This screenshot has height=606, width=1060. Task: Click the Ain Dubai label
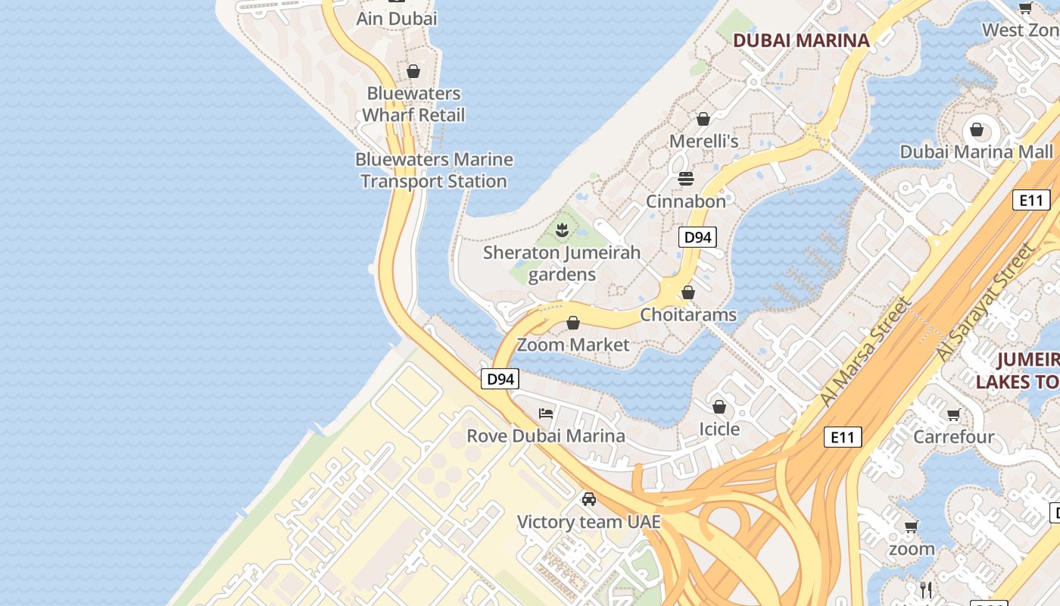pos(397,18)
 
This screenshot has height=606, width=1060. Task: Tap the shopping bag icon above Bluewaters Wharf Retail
pos(413,71)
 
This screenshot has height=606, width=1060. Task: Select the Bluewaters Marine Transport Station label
pos(434,170)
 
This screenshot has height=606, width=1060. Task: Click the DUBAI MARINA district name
pos(801,41)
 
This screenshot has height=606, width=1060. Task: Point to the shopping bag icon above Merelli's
pos(703,119)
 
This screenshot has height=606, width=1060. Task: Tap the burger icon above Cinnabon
pos(686,179)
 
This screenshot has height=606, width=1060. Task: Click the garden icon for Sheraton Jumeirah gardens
pos(562,230)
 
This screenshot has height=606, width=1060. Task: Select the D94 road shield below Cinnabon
pos(697,237)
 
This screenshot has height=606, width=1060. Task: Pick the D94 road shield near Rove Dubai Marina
pos(500,379)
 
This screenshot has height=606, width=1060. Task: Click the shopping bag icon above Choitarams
pos(688,292)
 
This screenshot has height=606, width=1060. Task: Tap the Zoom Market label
pos(573,345)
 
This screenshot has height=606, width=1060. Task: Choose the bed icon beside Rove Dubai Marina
pos(546,414)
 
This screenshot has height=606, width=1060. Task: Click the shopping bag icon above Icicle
pos(719,408)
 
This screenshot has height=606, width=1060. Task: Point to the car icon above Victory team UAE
pos(589,499)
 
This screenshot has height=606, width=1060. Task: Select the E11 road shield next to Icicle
pos(842,437)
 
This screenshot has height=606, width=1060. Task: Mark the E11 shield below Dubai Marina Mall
pos(1031,200)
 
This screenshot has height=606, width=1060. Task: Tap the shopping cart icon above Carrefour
pos(954,414)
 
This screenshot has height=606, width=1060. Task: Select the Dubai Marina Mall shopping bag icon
pos(977,130)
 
